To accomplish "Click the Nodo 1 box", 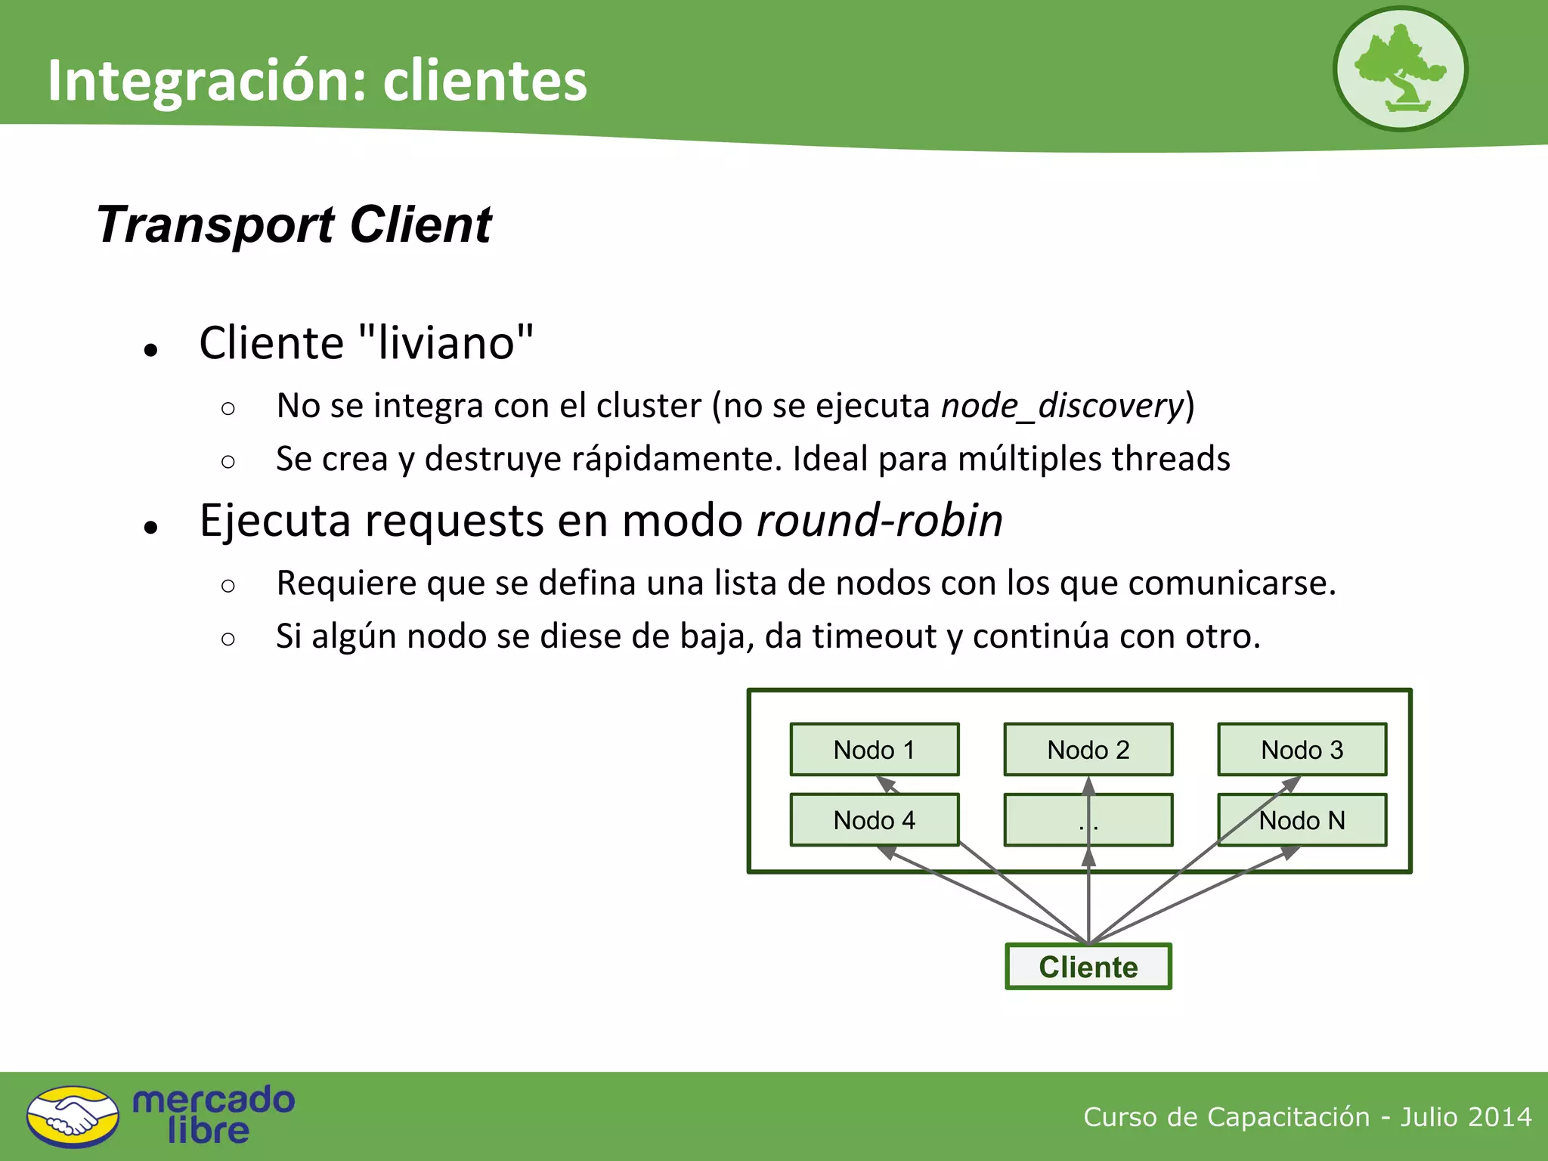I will pyautogui.click(x=875, y=749).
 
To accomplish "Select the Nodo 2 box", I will pyautogui.click(x=1088, y=749).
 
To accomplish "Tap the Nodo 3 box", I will pyautogui.click(x=1302, y=749).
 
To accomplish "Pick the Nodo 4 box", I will pyautogui.click(x=875, y=819).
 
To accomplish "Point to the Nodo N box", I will pyautogui.click(x=1302, y=819).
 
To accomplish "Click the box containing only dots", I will pyautogui.click(x=1088, y=819).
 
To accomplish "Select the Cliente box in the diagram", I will pyautogui.click(x=1088, y=967).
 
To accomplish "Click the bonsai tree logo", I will pyautogui.click(x=1400, y=69).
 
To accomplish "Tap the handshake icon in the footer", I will pyautogui.click(x=73, y=1116).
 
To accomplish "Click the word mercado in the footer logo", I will pyautogui.click(x=213, y=1100).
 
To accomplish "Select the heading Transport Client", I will pyautogui.click(x=294, y=224).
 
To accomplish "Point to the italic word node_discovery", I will pyautogui.click(x=1061, y=406).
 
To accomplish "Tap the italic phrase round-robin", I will pyautogui.click(x=880, y=521).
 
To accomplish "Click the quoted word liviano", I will pyautogui.click(x=445, y=342).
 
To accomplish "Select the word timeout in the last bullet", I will pyautogui.click(x=875, y=636).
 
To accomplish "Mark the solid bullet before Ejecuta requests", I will pyautogui.click(x=151, y=527).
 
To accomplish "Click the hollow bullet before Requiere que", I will pyautogui.click(x=228, y=585).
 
